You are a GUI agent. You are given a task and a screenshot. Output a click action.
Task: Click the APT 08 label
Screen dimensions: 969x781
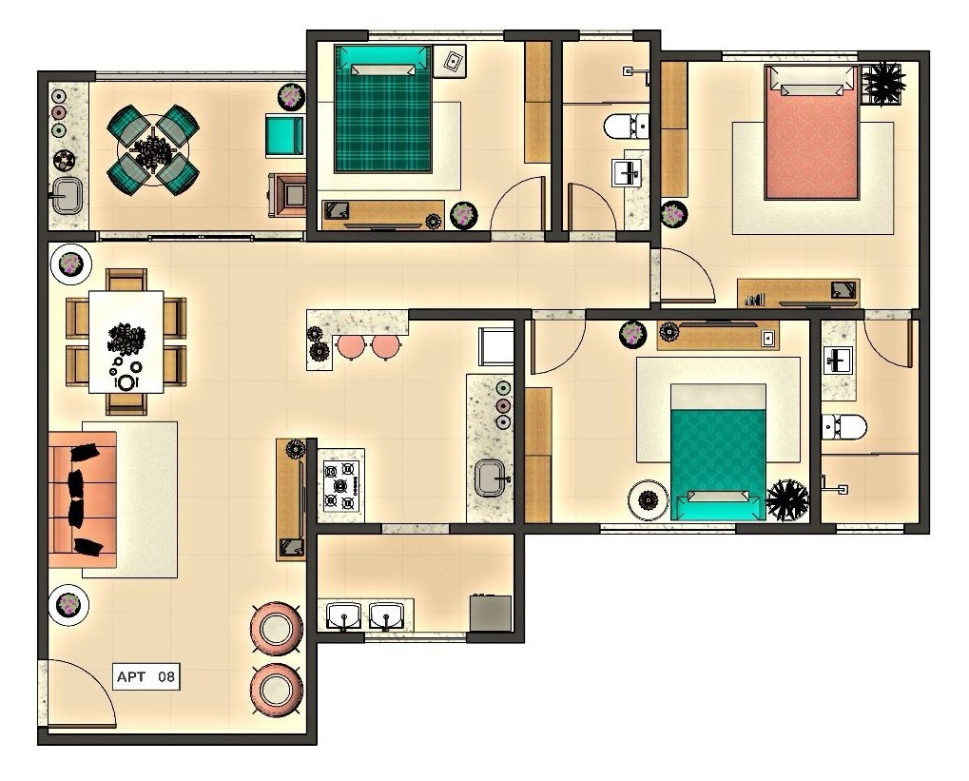click(146, 676)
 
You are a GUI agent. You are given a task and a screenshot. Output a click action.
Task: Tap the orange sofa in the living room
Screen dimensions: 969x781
click(82, 499)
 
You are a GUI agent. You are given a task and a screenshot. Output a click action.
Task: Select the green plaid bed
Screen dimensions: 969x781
click(383, 108)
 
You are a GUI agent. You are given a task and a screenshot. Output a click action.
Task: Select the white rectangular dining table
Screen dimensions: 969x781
click(126, 342)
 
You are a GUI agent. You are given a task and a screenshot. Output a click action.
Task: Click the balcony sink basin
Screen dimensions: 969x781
click(67, 195)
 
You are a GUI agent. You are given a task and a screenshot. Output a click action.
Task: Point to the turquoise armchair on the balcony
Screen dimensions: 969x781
click(285, 134)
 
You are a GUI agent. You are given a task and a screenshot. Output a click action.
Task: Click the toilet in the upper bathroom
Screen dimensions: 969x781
click(626, 127)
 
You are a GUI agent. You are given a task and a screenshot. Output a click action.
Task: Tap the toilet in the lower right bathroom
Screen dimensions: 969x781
click(843, 427)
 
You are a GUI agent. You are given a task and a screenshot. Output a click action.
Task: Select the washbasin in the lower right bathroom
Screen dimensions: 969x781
click(838, 361)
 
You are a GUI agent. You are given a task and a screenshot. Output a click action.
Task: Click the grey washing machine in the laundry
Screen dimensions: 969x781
click(491, 613)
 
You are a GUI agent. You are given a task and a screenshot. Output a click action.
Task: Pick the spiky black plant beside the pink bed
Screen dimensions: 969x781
click(883, 82)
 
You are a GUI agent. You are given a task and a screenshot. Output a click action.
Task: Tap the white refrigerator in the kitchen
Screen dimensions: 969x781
click(496, 346)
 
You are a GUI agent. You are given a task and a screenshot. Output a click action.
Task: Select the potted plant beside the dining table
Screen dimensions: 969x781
click(70, 264)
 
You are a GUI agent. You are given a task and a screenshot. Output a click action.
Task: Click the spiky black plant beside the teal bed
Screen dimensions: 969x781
click(787, 499)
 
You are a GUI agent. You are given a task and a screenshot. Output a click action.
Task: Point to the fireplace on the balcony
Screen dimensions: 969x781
click(287, 195)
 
